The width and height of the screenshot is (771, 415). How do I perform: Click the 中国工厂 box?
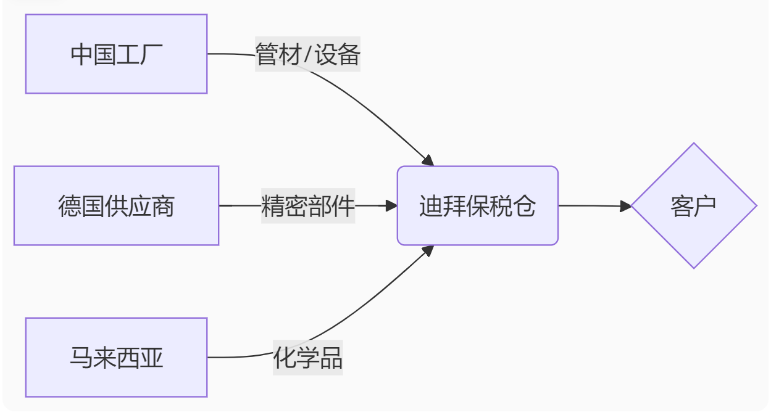[116, 54]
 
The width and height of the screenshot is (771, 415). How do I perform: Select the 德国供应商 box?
[116, 205]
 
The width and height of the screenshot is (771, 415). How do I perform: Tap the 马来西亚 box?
[116, 357]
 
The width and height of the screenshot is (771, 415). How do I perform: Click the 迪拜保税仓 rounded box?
[477, 205]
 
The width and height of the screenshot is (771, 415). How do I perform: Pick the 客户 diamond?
[693, 205]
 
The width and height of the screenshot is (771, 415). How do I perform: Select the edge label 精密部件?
[307, 206]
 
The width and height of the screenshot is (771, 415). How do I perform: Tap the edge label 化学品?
[307, 358]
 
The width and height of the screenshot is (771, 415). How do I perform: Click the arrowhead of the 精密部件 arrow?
[391, 206]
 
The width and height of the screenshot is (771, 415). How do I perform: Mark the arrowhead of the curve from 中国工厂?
[427, 160]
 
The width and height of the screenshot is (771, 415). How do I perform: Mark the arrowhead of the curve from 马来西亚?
[427, 251]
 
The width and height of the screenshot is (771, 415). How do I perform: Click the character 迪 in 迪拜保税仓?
[431, 206]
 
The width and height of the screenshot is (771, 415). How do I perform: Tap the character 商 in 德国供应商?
[163, 206]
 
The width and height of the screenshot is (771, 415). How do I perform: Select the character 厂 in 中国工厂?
[152, 55]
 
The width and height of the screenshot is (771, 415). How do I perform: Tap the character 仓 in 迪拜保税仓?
[524, 206]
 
